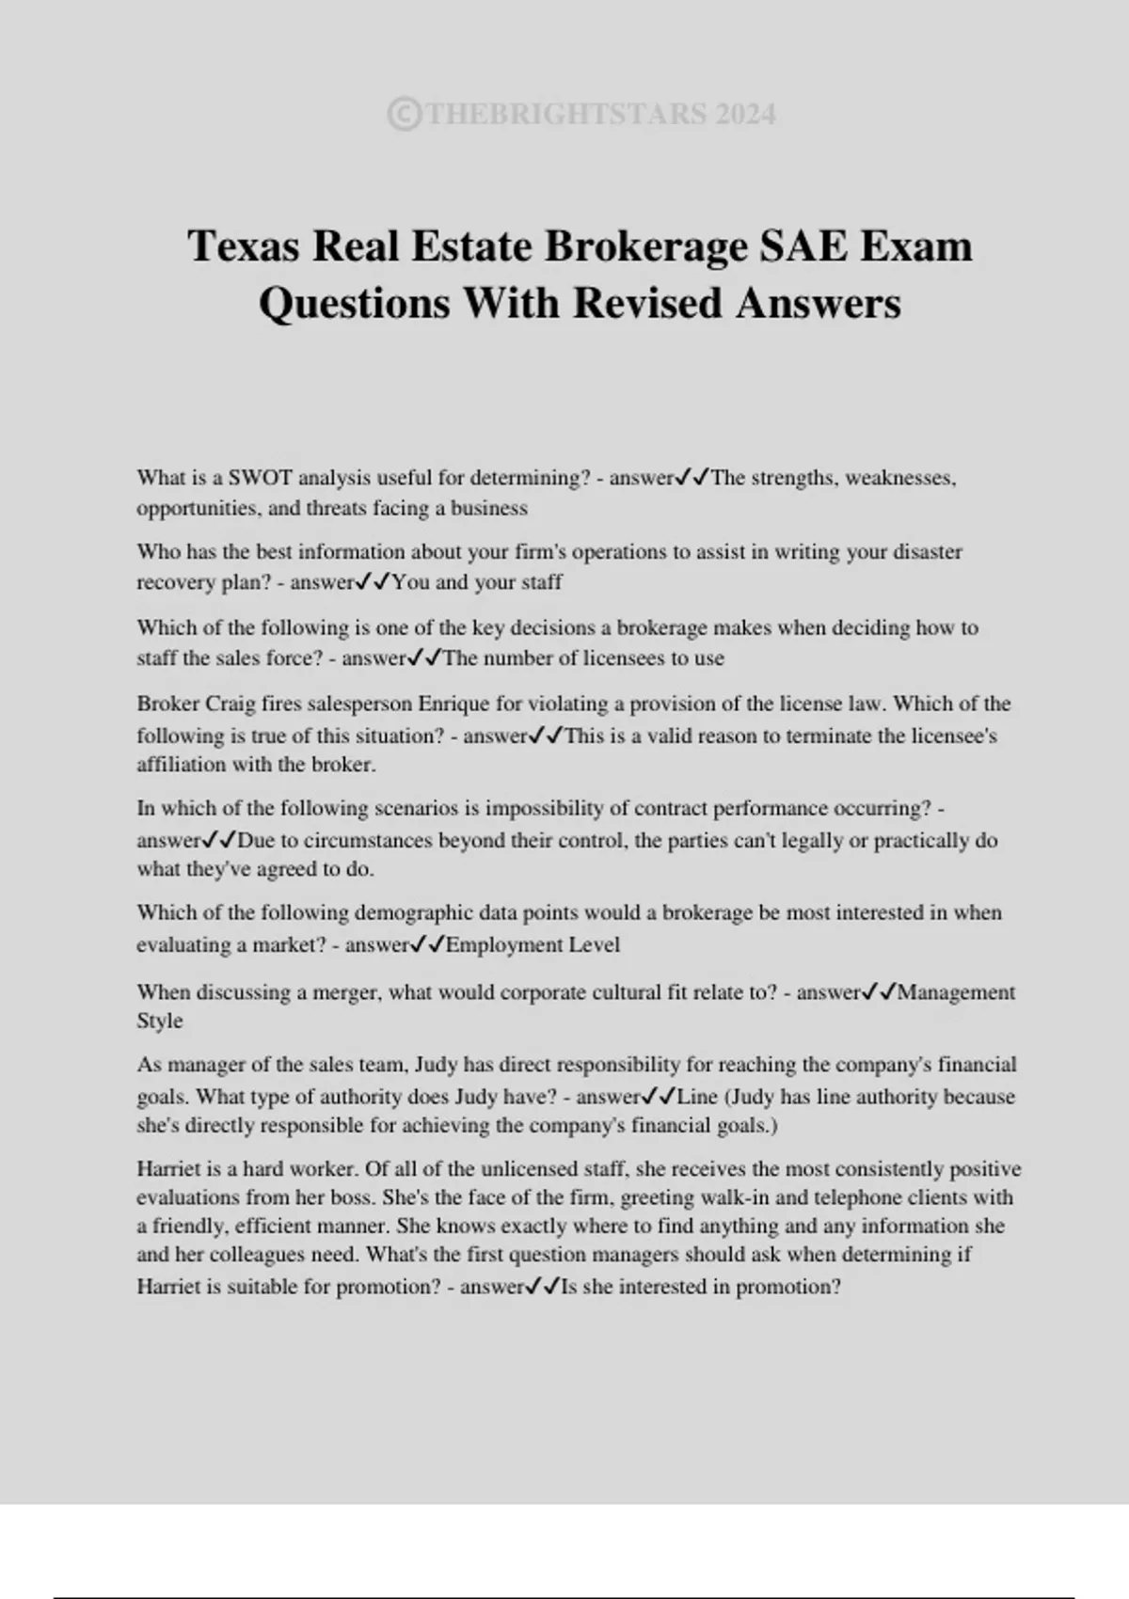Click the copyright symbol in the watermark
(x=404, y=115)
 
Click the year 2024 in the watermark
(x=744, y=115)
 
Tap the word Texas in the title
(x=244, y=246)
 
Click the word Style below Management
(x=160, y=1021)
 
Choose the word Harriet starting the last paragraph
(x=167, y=1169)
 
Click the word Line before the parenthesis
(x=697, y=1097)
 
